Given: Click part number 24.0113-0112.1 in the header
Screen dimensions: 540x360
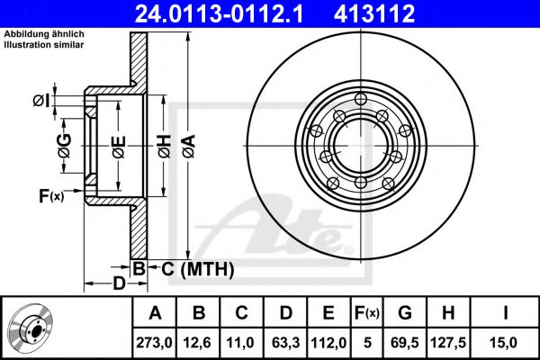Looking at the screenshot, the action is pyautogui.click(x=219, y=13).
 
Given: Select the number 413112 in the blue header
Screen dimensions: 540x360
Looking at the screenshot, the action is pyautogui.click(x=374, y=13).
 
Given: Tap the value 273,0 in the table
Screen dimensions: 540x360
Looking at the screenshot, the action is pyautogui.click(x=154, y=343).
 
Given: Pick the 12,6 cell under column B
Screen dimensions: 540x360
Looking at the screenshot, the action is pyautogui.click(x=198, y=343).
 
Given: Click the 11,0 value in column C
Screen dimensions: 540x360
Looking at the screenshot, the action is pyautogui.click(x=240, y=343).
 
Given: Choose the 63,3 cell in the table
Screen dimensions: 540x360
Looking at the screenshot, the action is pyautogui.click(x=285, y=343).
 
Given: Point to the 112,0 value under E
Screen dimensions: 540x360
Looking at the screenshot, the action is pyautogui.click(x=328, y=343).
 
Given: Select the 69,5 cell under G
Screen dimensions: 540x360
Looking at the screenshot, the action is pyautogui.click(x=405, y=343).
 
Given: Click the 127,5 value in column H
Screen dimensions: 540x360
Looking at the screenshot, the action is pyautogui.click(x=448, y=343).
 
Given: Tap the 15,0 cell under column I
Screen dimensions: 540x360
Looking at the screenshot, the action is pyautogui.click(x=505, y=343).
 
